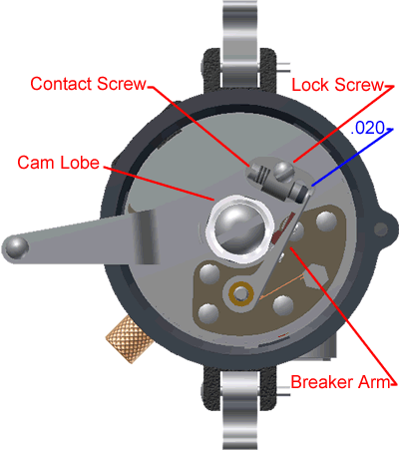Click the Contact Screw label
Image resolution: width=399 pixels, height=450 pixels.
point(88,84)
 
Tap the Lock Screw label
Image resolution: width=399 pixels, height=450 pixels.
point(338,85)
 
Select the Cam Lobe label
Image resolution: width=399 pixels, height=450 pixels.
point(58,163)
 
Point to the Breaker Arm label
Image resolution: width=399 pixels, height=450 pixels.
point(340,382)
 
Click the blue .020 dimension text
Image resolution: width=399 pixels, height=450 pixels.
point(368,128)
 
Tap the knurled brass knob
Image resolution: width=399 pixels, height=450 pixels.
point(129,339)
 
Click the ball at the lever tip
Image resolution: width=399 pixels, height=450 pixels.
point(15,247)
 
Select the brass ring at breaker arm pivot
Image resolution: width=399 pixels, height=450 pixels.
point(240,293)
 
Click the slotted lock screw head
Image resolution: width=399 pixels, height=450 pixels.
point(283,172)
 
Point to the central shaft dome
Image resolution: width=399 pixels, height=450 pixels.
point(240,228)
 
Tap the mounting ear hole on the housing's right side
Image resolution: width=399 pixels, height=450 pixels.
point(380,229)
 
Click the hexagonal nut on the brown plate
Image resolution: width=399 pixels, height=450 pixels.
point(315,275)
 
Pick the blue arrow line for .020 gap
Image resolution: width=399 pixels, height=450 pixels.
point(352,157)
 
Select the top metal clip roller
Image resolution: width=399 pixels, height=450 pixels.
point(239,43)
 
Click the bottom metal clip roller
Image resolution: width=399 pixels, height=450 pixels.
point(239,410)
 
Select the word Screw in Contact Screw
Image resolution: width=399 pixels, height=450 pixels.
point(122,84)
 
